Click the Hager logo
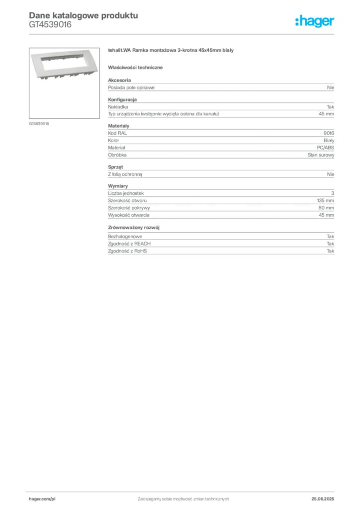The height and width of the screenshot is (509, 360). (314, 21)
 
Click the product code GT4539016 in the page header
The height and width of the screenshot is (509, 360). (50, 25)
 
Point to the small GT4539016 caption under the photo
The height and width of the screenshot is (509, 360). (39, 124)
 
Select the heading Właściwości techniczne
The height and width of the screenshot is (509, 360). (135, 68)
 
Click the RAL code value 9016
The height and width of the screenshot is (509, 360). (329, 133)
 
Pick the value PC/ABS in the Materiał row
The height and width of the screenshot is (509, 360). (325, 147)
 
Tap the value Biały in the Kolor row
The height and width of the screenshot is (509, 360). (329, 140)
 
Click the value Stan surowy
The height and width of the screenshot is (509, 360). (321, 155)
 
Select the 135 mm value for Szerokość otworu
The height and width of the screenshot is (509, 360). (325, 201)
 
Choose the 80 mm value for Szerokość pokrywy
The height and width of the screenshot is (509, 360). (326, 208)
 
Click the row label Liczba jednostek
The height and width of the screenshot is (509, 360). (126, 193)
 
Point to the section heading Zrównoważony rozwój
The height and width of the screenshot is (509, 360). (134, 228)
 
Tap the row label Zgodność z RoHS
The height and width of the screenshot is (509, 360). (127, 251)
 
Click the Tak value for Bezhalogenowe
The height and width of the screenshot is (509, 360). (330, 236)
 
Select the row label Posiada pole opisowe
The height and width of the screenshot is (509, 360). (131, 87)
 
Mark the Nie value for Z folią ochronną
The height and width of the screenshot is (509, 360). (331, 174)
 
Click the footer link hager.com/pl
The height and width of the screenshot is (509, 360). (42, 499)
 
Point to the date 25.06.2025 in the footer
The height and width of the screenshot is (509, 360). (323, 499)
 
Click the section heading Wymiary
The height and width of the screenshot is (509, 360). (118, 186)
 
